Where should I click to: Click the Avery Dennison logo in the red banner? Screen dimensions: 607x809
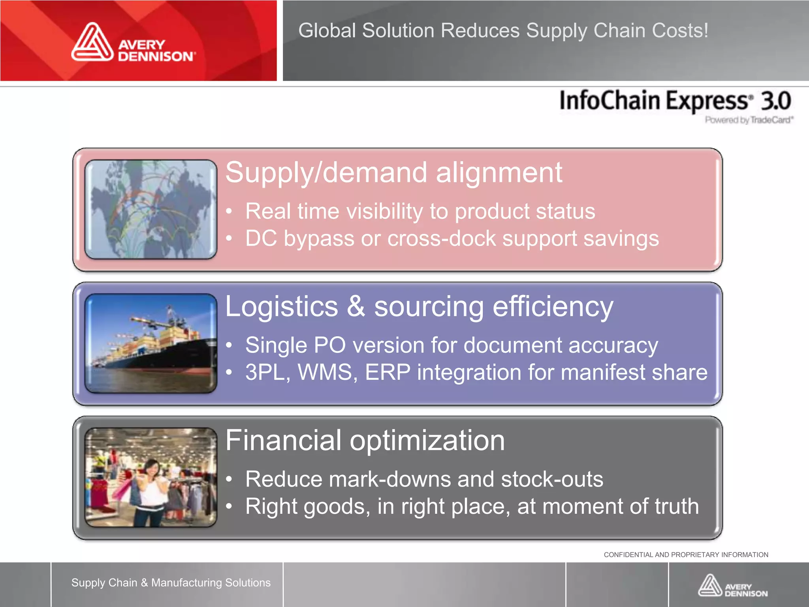[133, 43]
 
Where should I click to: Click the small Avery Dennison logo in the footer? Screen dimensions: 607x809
[732, 586]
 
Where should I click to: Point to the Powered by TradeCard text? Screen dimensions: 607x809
[749, 120]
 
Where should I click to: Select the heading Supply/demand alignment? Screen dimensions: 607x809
[393, 173]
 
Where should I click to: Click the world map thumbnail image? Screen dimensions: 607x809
[151, 209]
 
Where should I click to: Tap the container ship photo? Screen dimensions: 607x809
[151, 343]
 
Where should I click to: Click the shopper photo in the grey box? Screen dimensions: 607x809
[151, 477]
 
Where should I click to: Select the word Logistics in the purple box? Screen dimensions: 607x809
[281, 307]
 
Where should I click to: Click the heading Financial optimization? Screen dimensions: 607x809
[365, 441]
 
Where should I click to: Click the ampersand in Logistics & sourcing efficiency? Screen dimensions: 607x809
[356, 307]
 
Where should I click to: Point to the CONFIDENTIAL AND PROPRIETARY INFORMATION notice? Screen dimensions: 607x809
[686, 555]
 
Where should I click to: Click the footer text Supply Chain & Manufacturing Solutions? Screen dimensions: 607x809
[171, 582]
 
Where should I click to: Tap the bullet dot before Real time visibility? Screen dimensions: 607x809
[229, 211]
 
